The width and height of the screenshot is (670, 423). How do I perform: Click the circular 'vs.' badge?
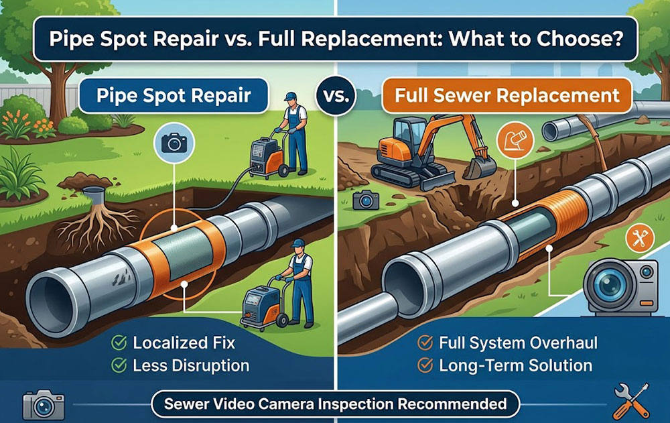pyautogui.click(x=336, y=96)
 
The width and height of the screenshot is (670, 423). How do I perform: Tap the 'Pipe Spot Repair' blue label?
pyautogui.click(x=174, y=95)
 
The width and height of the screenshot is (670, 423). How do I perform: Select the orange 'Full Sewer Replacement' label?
pyautogui.click(x=507, y=95)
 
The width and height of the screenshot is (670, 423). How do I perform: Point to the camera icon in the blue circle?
pyautogui.click(x=174, y=143)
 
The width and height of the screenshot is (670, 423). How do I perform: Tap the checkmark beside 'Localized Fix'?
pyautogui.click(x=119, y=343)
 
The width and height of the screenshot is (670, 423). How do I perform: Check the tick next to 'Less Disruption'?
pyautogui.click(x=119, y=365)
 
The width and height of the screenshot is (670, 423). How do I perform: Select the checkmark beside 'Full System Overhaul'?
pyautogui.click(x=425, y=343)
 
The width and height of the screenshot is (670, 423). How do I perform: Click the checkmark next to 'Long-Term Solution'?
pyautogui.click(x=425, y=365)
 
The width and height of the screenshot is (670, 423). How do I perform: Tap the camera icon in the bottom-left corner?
pyautogui.click(x=44, y=405)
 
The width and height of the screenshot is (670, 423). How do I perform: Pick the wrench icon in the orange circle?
pyautogui.click(x=639, y=238)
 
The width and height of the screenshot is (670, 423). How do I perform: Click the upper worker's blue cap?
pyautogui.click(x=291, y=97)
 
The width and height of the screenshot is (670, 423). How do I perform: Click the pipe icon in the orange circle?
pyautogui.click(x=515, y=140)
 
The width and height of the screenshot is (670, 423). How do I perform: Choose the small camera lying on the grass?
pyautogui.click(x=366, y=200)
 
